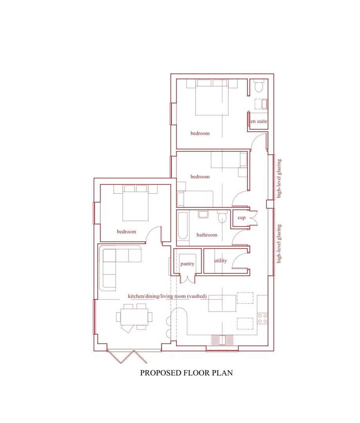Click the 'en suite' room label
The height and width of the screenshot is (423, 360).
tap(259, 121)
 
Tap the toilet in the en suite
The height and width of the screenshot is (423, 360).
tap(259, 86)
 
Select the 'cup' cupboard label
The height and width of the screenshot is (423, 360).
tap(242, 218)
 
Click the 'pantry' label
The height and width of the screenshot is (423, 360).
tap(188, 264)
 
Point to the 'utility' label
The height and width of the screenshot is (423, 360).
tap(220, 261)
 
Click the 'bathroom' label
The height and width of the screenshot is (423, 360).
tap(207, 235)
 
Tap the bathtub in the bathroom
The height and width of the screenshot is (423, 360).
tap(183, 226)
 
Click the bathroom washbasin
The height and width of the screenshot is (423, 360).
tap(203, 214)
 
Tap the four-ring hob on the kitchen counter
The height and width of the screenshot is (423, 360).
tap(262, 318)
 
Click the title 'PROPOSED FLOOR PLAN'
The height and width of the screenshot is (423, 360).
tap(186, 373)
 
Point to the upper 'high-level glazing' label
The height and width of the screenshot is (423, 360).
tap(279, 179)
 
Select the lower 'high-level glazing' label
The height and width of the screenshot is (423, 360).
tap(279, 243)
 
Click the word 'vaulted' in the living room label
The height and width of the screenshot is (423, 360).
tap(197, 296)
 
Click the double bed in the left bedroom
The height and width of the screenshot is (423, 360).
tap(136, 202)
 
